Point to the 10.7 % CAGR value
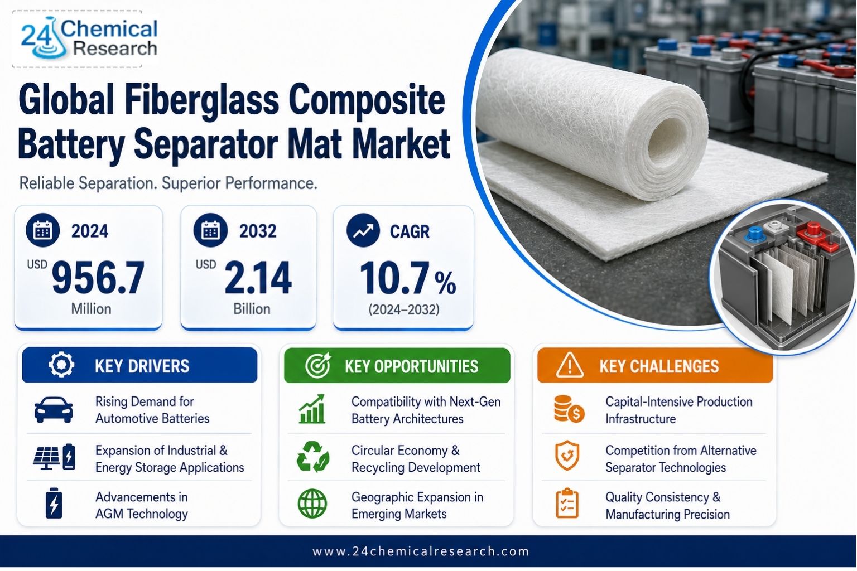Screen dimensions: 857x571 coord(408,278)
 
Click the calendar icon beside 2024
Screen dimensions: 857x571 coord(42,230)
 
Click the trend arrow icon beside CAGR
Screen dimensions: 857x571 coord(363,230)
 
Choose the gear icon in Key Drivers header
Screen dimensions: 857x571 coord(61,365)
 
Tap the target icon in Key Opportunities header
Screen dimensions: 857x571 coord(318,365)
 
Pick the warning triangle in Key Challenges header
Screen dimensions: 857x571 coord(570,365)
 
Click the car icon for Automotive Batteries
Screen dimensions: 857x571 coord(54,410)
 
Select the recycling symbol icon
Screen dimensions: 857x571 coord(313,457)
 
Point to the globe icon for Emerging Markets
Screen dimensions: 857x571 coord(312,504)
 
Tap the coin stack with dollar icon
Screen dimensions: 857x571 coord(569,409)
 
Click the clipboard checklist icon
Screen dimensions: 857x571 coord(567,504)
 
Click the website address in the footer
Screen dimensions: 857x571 coord(421,551)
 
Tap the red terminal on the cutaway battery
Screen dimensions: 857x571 coord(811,233)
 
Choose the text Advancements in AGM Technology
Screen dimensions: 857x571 coord(142,505)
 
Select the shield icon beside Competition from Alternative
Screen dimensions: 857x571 coord(567,456)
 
